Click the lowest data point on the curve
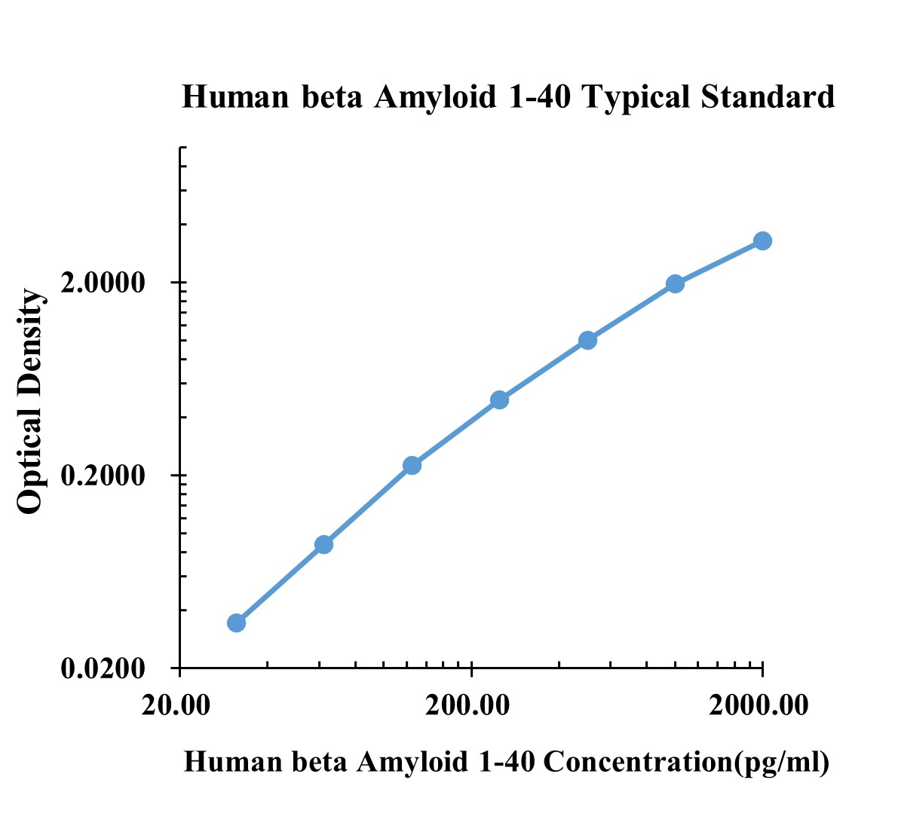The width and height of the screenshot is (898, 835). tap(236, 622)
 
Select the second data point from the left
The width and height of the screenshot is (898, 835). tap(323, 544)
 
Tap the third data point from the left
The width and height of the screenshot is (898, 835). tap(412, 465)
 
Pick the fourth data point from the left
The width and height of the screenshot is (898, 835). tap(499, 399)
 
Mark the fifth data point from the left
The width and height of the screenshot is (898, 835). tap(588, 340)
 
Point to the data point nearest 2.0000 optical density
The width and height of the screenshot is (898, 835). tap(675, 283)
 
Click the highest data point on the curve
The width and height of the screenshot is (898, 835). tap(762, 240)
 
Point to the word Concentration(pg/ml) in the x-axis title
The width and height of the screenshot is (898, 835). tap(686, 763)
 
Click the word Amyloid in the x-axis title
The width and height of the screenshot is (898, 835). tap(412, 763)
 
